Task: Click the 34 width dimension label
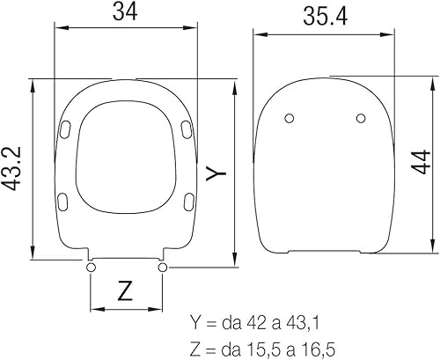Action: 127,12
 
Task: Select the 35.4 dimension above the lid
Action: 321,16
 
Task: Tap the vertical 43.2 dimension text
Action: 13,168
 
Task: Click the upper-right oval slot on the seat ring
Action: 186,129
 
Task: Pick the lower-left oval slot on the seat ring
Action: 62,202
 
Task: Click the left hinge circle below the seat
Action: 92,267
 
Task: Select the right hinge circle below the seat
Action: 163,267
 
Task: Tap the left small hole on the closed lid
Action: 290,119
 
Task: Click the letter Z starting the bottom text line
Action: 195,347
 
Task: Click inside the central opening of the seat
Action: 127,167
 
